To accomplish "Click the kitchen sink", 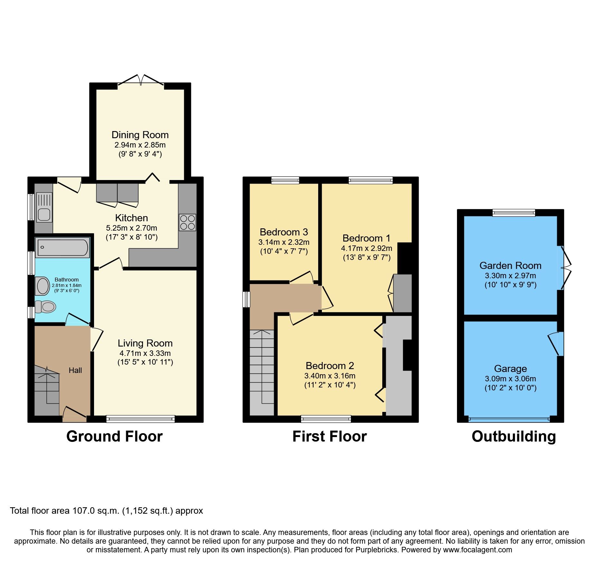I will tap(44, 207).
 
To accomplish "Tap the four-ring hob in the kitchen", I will tap(187, 222).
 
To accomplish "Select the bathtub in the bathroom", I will tap(62, 248).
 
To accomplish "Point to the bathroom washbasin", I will tap(43, 286).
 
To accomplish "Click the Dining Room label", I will tap(140, 135).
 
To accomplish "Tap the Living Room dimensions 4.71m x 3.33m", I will tap(145, 353).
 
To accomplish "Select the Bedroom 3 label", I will tap(284, 232).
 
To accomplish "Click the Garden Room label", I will tap(510, 265).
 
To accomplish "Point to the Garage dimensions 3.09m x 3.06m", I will tap(510, 378).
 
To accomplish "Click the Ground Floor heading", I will tap(114, 436).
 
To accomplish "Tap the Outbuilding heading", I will tap(513, 436).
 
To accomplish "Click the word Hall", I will tap(75, 370).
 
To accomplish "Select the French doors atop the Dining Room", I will tap(141, 81).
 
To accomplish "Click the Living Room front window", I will tap(140, 419).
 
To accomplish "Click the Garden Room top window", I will tap(513, 213).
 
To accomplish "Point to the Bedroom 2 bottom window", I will tap(326, 419).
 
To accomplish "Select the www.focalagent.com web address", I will tap(477, 550).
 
